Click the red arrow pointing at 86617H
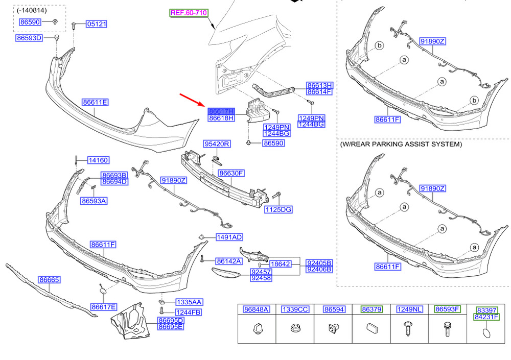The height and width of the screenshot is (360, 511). coord(192,100)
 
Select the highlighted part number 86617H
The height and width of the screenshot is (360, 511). coord(221,111)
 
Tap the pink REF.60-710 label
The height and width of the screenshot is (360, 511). coord(189,13)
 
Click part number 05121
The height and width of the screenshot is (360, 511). coord(97,24)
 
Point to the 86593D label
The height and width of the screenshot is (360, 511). coord(29,38)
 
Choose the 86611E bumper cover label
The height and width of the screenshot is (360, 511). coord(95,102)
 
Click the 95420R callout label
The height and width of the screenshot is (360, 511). coord(217,143)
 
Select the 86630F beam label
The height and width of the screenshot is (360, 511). coord(231,173)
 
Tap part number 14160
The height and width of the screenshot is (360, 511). coord(99,160)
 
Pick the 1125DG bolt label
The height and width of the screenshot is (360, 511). coord(278,209)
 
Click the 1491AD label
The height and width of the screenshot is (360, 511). coord(229,237)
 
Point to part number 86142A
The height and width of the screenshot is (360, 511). coord(229,261)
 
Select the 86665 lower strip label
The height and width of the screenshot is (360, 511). coord(49,279)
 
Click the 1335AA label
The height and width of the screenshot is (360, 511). coord(189,302)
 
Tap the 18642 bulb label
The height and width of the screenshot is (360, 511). coord(281,264)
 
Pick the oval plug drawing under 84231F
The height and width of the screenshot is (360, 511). coord(486,333)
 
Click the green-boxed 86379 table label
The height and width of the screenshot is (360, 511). coord(372,309)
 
